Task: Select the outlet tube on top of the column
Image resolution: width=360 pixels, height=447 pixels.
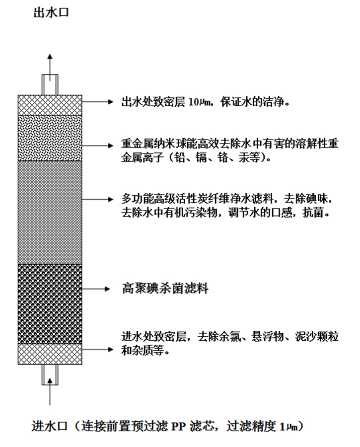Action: (50, 84)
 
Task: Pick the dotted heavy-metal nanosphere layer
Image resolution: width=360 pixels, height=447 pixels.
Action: (50, 138)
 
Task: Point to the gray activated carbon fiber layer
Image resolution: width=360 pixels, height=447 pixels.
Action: (50, 212)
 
